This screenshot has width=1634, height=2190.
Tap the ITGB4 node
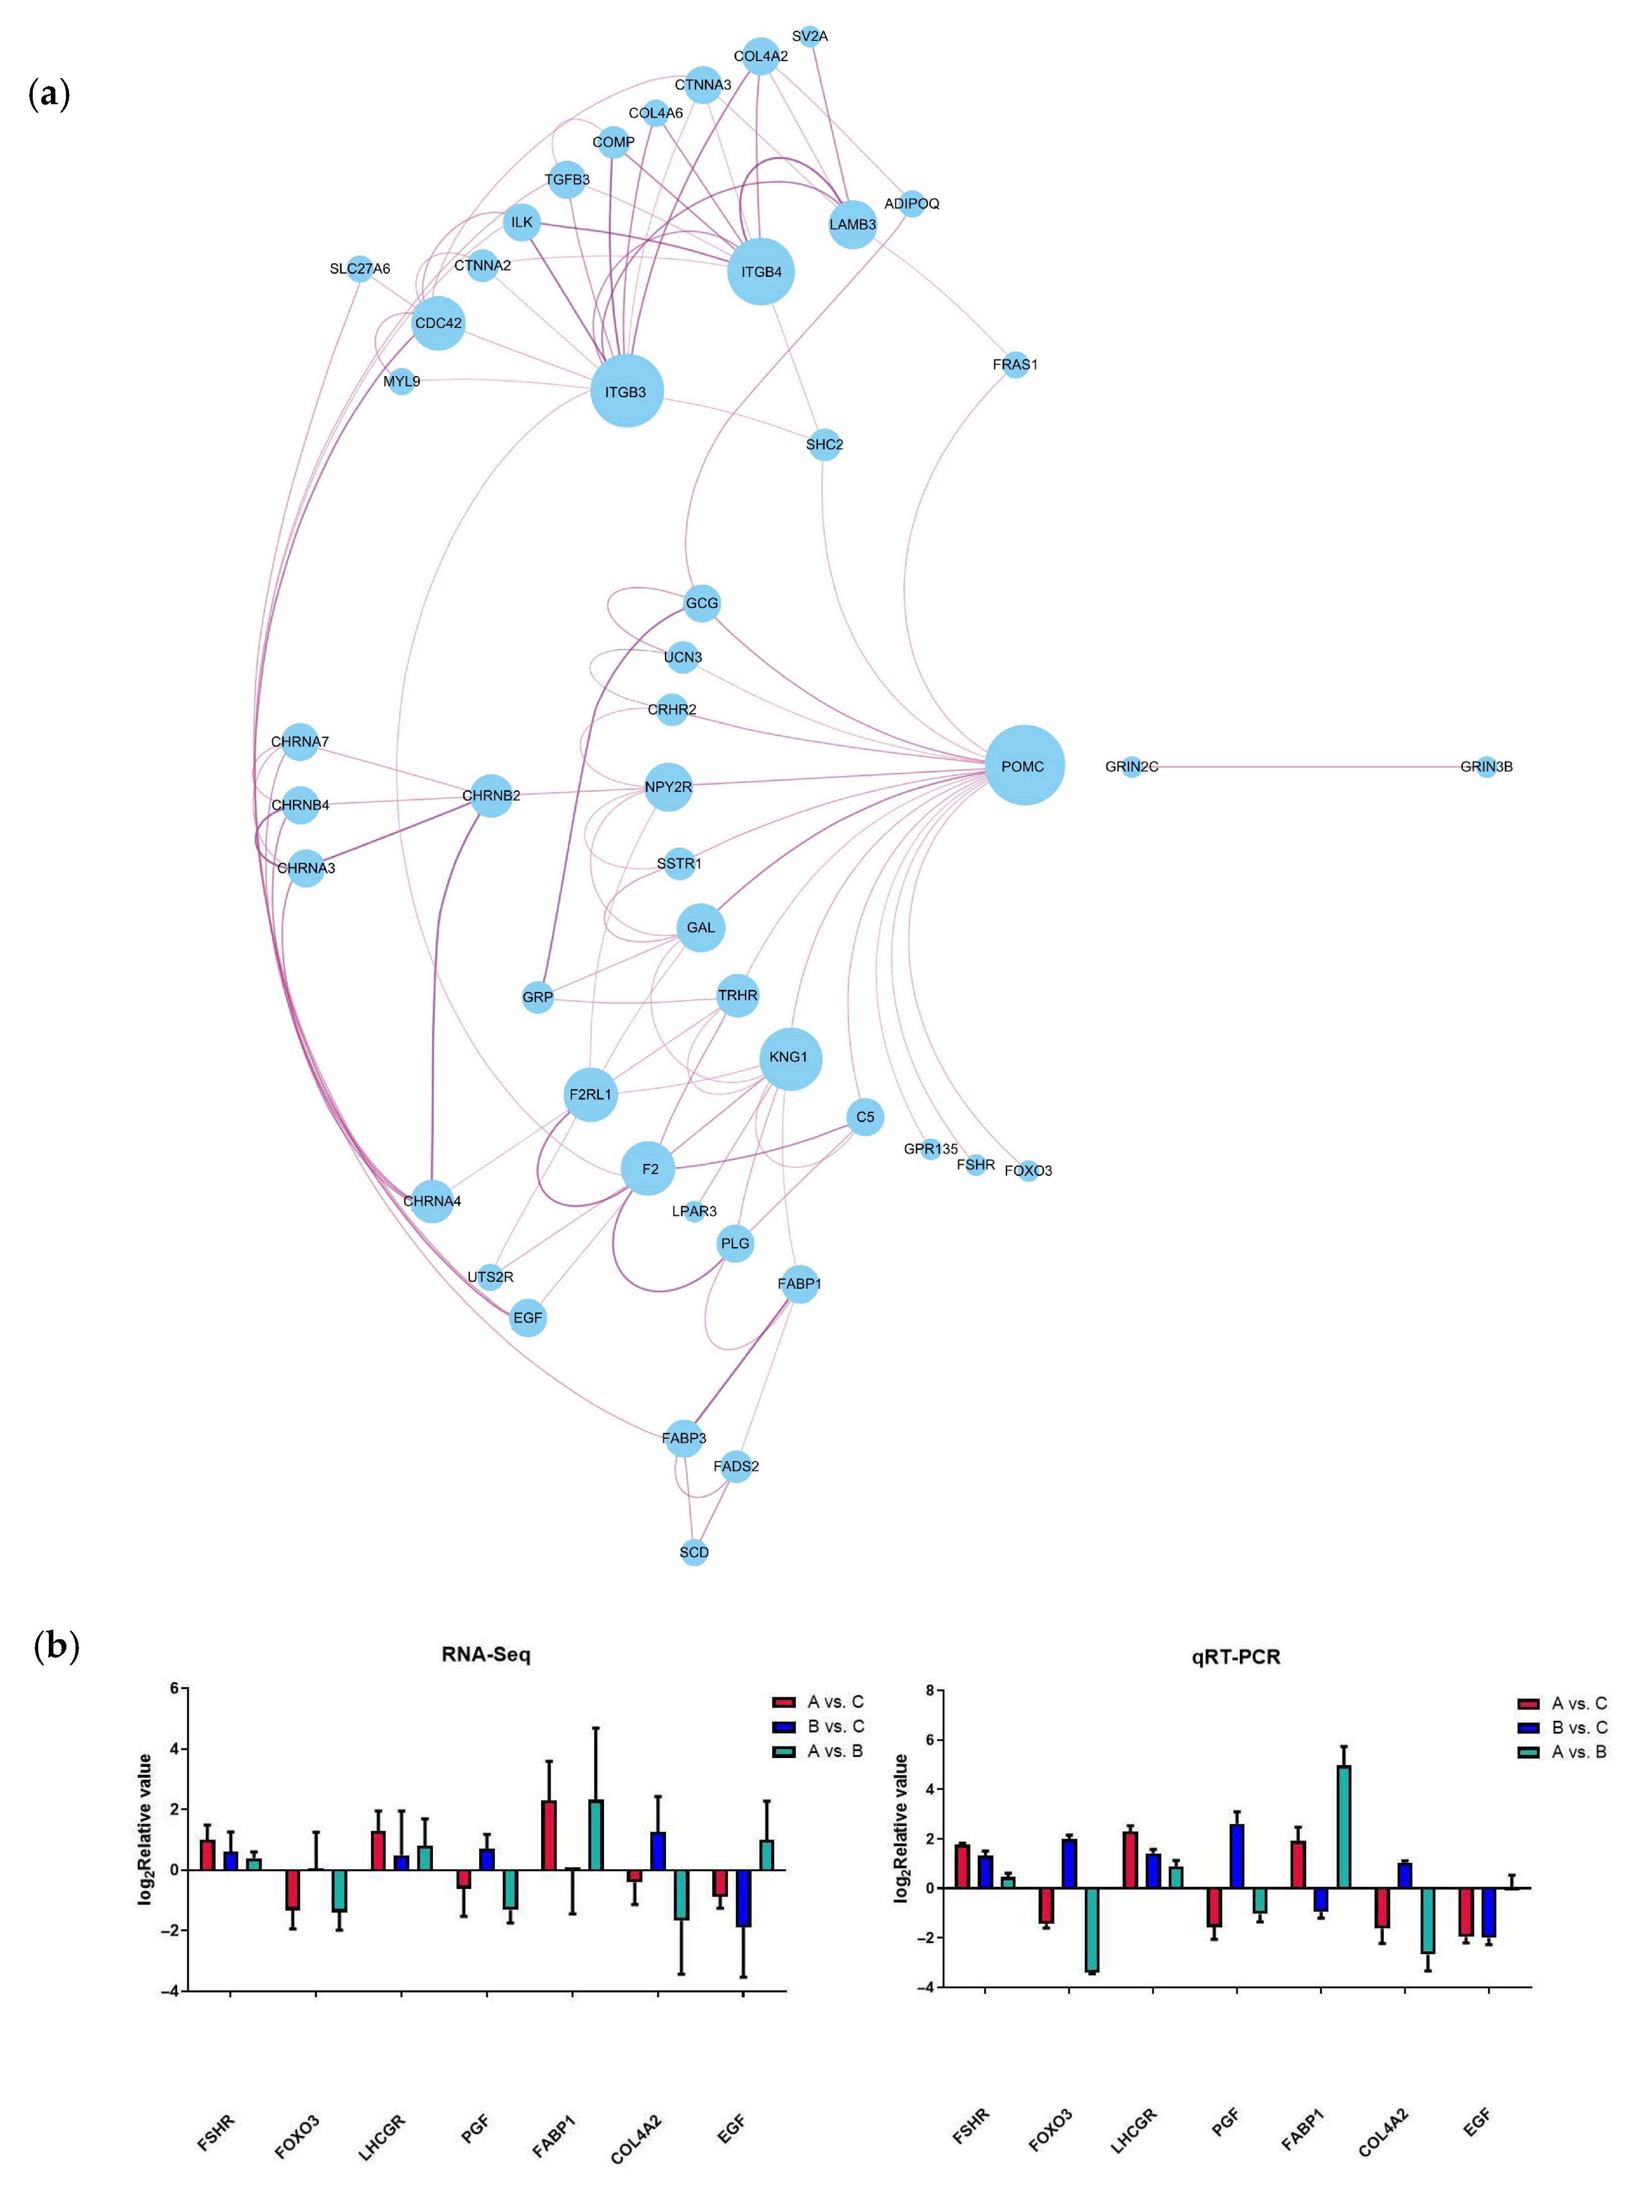pos(761,271)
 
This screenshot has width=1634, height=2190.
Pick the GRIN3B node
pos(1486,767)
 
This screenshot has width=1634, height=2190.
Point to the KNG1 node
pos(789,1057)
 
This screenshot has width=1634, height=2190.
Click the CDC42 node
pos(438,323)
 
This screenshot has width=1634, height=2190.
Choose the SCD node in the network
pos(694,1552)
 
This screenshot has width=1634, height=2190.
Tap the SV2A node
pos(810,37)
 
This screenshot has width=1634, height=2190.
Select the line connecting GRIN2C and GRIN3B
pos(1306,767)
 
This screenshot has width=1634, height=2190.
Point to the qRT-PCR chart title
pos(1235,1657)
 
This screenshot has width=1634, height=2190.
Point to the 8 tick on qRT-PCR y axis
pos(930,1691)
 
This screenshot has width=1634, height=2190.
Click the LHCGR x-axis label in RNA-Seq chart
pos(382,2137)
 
